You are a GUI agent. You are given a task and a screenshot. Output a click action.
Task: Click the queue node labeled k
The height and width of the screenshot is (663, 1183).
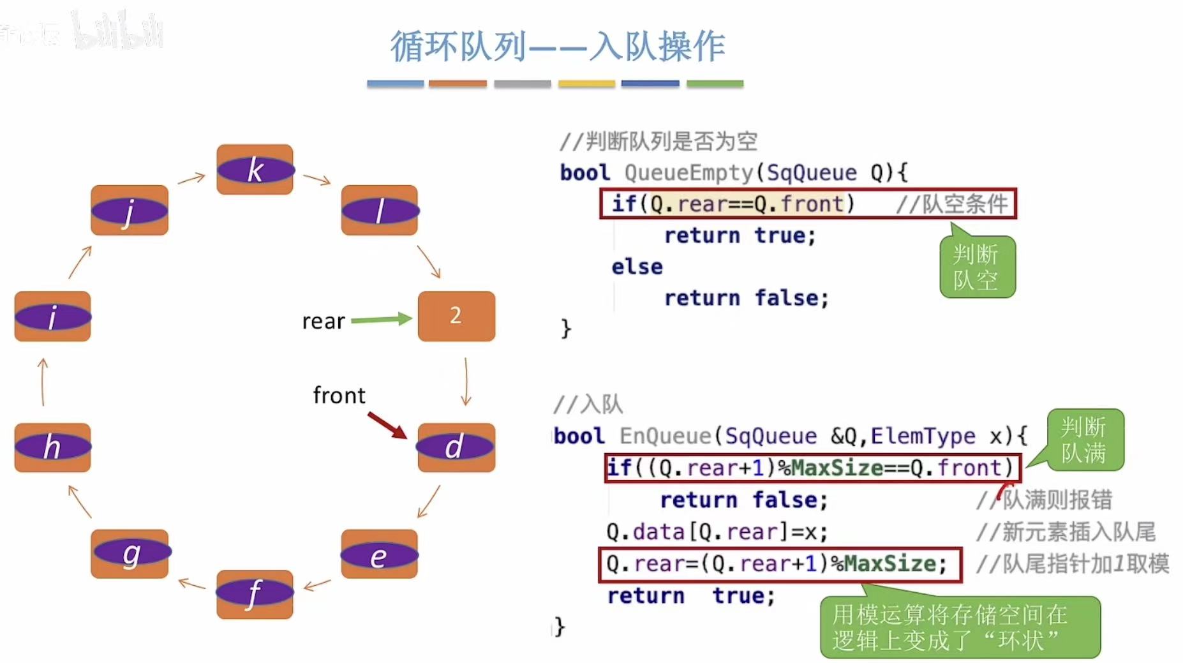click(x=255, y=170)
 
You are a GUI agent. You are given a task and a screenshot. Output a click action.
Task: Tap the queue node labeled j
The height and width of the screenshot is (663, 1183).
click(x=130, y=211)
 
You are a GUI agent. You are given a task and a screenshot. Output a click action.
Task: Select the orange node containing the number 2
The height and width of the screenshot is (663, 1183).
click(x=456, y=316)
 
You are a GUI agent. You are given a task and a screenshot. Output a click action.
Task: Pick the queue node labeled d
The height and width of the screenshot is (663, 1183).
click(x=456, y=447)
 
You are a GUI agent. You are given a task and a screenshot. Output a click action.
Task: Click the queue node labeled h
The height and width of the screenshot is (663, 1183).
click(x=52, y=447)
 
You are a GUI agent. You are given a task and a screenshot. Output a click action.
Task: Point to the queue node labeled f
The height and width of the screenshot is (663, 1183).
click(x=255, y=593)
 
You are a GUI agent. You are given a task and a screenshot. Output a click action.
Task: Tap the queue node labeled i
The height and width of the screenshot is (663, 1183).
click(x=52, y=316)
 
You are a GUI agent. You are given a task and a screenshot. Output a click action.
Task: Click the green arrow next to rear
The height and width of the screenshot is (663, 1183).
click(x=381, y=319)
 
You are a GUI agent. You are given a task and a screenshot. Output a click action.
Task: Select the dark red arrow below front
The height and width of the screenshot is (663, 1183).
click(x=387, y=425)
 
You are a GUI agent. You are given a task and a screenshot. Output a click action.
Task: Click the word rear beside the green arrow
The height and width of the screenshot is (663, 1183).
click(x=323, y=321)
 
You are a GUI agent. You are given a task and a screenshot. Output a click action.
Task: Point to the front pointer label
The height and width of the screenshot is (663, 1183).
click(x=339, y=396)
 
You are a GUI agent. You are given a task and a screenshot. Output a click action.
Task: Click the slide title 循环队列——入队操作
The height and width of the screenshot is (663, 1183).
click(x=557, y=47)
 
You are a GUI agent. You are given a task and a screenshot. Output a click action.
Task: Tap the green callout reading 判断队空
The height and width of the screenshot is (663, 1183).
click(x=976, y=267)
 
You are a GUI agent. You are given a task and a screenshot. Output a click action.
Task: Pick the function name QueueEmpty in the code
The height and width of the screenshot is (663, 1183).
click(x=688, y=172)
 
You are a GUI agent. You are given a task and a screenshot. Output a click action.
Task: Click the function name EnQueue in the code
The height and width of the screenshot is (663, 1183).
click(x=665, y=436)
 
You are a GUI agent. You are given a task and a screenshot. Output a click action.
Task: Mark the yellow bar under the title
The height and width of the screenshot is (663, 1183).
click(x=586, y=84)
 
